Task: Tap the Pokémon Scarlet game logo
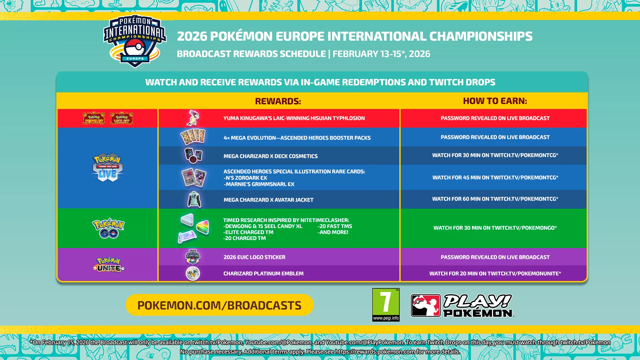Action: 94,118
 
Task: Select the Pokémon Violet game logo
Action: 122,118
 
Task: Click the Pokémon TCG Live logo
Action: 107,168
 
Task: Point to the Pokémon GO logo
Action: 108,229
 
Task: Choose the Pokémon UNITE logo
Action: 109,265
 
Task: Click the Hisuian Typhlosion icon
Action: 193,118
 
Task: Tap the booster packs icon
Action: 193,137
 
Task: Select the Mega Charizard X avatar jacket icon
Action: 194,199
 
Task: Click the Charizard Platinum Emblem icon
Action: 193,273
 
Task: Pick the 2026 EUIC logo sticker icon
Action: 193,257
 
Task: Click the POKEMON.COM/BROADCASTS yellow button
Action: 219,305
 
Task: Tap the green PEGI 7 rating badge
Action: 386,305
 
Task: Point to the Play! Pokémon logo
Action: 462,305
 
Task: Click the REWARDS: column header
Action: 278,101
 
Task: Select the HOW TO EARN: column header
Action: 495,101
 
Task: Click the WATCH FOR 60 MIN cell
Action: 495,199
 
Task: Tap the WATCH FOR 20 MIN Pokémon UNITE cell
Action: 495,273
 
